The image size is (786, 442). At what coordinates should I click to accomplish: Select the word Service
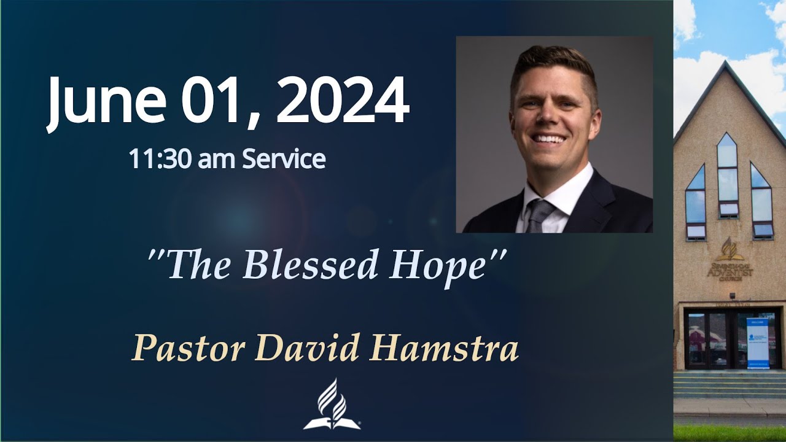(x=284, y=159)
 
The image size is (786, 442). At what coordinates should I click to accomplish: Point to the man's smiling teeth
(x=549, y=138)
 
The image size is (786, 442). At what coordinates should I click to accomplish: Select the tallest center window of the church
(x=727, y=175)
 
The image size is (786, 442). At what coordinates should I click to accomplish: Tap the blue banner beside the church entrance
(x=758, y=343)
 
